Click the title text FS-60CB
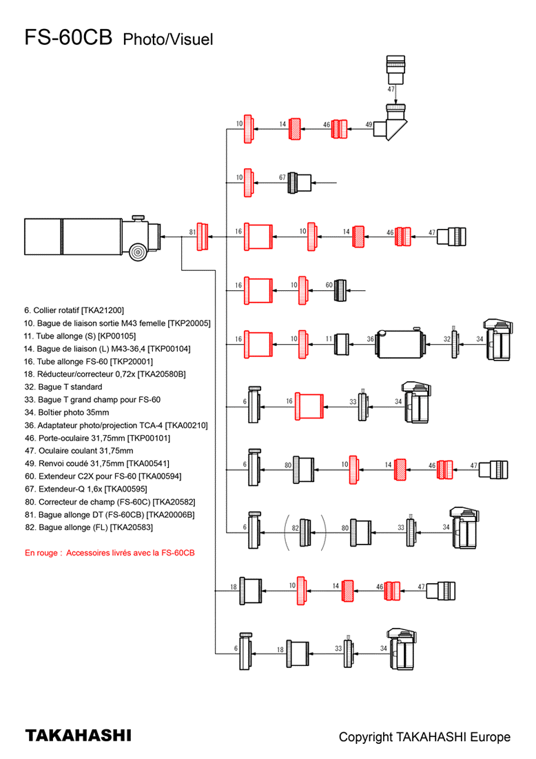(68, 38)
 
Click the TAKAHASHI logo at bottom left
(78, 736)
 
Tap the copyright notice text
(424, 737)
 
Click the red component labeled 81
(202, 237)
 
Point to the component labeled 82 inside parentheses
(305, 532)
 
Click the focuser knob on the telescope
(138, 252)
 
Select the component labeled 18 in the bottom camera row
(298, 652)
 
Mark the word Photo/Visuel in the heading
(168, 40)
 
